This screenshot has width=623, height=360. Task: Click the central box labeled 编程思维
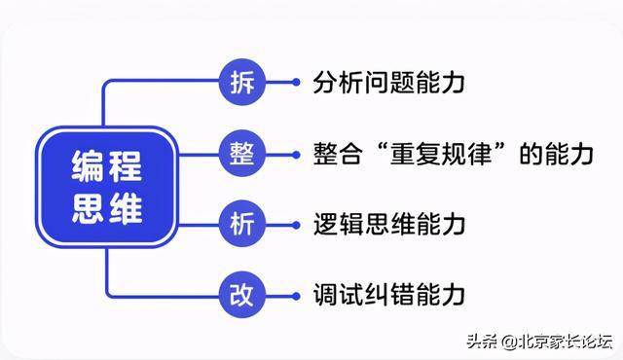click(x=106, y=187)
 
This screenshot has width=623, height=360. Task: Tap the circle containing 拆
click(x=242, y=82)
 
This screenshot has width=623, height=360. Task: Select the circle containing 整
click(x=242, y=154)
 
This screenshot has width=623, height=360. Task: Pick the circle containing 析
click(x=242, y=225)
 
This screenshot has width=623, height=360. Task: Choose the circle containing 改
click(x=242, y=296)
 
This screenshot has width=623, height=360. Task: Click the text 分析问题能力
click(x=388, y=83)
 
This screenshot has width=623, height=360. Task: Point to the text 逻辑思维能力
click(x=388, y=225)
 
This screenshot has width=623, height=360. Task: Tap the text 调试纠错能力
click(x=388, y=295)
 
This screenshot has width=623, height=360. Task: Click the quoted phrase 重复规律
click(x=441, y=154)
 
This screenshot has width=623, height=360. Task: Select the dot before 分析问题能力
click(x=296, y=82)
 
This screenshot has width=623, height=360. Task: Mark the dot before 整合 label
click(x=296, y=155)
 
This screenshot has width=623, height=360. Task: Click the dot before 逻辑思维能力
click(x=296, y=225)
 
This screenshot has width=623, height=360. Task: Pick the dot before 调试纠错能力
click(x=296, y=296)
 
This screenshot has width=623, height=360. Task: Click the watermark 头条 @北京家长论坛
click(x=539, y=342)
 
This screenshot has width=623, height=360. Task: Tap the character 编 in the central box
click(x=88, y=165)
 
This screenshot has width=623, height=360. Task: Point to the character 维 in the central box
click(x=127, y=208)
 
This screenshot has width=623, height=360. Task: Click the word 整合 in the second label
click(x=338, y=154)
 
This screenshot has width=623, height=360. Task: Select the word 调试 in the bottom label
click(x=338, y=295)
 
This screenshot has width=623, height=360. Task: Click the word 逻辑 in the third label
click(x=338, y=225)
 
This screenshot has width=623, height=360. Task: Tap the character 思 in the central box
click(x=88, y=208)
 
